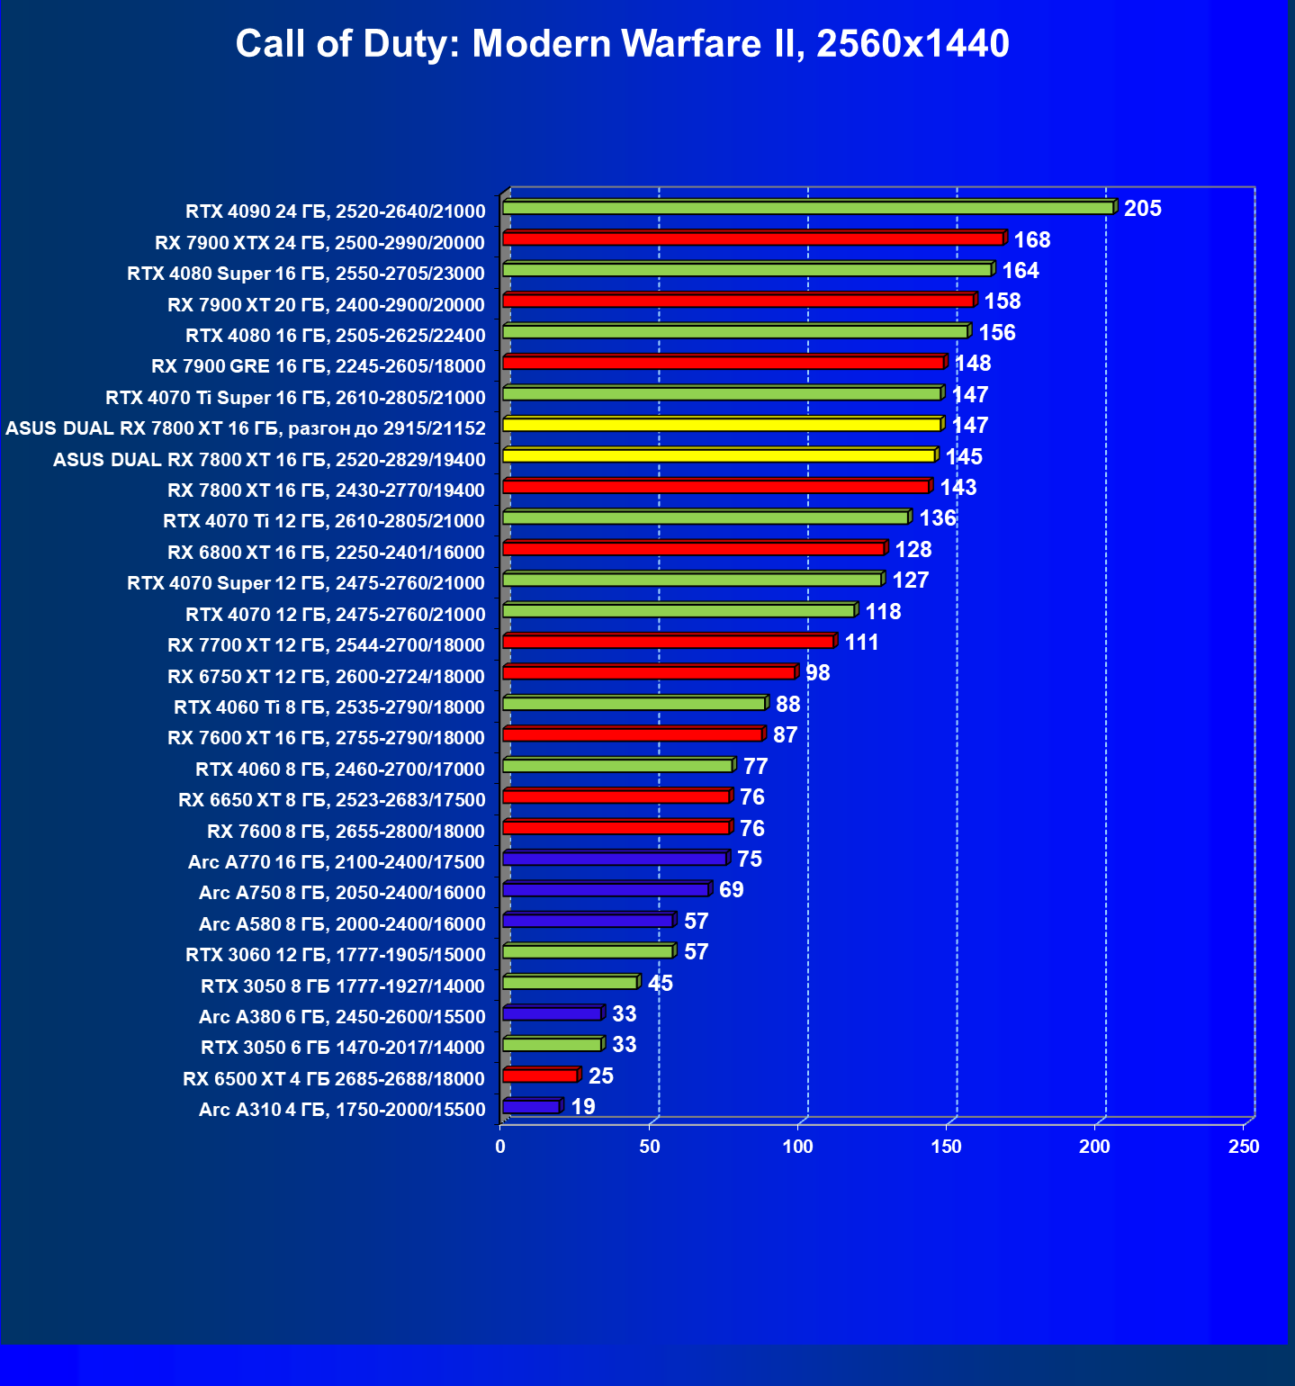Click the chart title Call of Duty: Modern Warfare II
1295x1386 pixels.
click(x=622, y=43)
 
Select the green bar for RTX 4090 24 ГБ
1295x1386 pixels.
click(x=807, y=208)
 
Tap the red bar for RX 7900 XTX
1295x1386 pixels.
click(x=752, y=238)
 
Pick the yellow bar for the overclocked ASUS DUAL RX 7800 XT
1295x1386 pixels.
click(x=721, y=425)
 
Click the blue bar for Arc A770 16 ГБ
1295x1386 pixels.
click(x=614, y=859)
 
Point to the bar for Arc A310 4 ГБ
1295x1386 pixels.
click(x=531, y=1107)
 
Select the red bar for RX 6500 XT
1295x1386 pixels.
click(x=539, y=1075)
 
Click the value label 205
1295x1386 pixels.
click(x=1142, y=209)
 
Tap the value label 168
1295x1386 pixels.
click(x=1031, y=240)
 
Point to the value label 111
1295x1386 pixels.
click(x=861, y=643)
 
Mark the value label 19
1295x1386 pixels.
click(x=583, y=1107)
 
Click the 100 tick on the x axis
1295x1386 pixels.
click(x=797, y=1147)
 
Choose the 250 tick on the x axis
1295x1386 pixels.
click(x=1244, y=1147)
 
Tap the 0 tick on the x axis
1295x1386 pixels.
click(x=500, y=1147)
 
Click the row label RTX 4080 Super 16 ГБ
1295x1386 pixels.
click(x=306, y=274)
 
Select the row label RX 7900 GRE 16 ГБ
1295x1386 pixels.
click(x=318, y=366)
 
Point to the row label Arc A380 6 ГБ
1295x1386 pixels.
click(x=342, y=1017)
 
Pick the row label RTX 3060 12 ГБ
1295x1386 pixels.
click(x=335, y=955)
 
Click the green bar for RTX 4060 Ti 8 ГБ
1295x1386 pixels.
click(x=634, y=704)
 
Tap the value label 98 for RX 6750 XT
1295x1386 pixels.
click(x=817, y=673)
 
